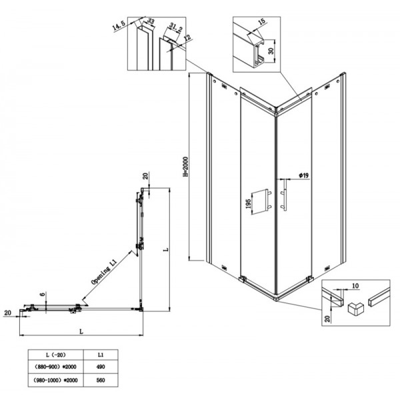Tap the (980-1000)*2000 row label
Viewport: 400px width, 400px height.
tap(51, 381)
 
